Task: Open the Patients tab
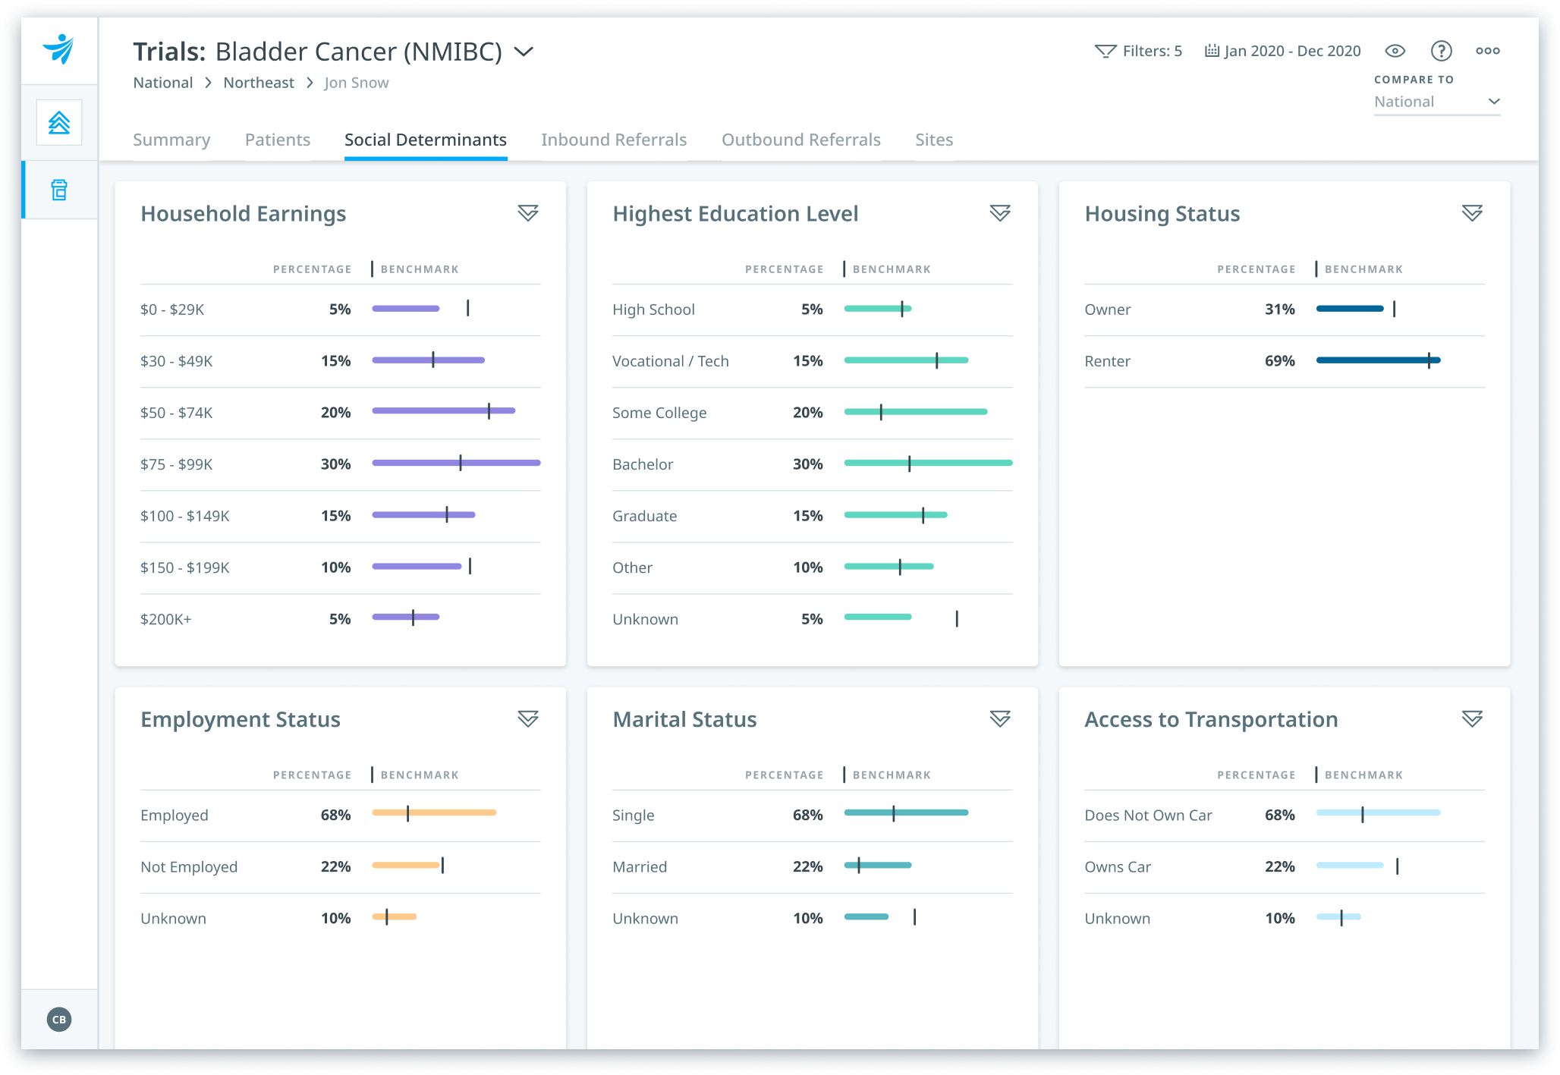(277, 140)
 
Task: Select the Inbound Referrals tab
(614, 140)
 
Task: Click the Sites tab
(934, 140)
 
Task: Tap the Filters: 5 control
(1138, 51)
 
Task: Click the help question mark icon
(1441, 51)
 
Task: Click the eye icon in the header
(1395, 51)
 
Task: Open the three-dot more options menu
(1487, 51)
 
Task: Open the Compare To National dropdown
(1436, 102)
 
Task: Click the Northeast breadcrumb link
(259, 83)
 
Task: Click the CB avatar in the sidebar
(59, 1019)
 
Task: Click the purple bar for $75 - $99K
(456, 463)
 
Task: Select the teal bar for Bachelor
(928, 463)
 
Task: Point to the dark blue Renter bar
(1378, 360)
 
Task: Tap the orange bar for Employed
(434, 813)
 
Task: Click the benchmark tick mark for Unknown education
(957, 619)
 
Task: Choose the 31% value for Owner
(1279, 310)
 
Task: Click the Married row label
(640, 866)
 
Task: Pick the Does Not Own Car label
(1148, 815)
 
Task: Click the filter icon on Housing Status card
(1472, 213)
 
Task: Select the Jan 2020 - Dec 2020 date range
(1283, 51)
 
